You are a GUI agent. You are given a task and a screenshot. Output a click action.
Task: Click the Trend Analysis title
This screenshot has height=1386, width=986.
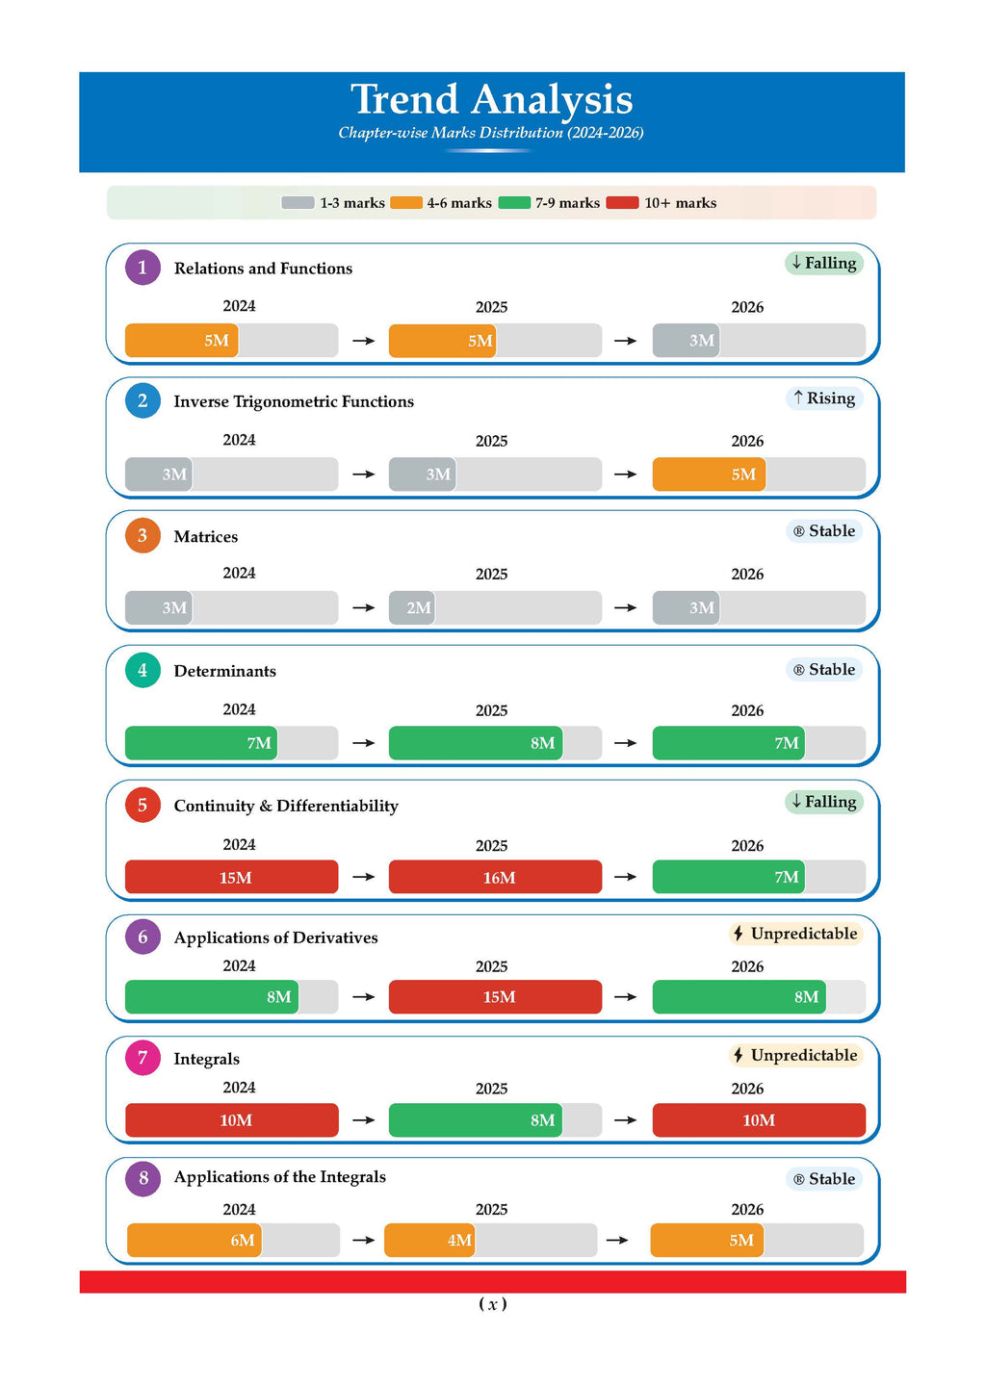coord(491,100)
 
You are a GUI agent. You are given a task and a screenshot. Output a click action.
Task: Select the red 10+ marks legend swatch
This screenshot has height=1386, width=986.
coord(622,203)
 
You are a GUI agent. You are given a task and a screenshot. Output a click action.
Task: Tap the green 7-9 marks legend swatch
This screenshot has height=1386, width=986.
coord(514,203)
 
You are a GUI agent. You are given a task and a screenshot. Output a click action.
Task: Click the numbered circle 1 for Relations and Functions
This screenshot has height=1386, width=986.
coord(143,268)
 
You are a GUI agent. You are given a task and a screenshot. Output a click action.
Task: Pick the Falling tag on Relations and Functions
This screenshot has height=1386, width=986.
coord(824,263)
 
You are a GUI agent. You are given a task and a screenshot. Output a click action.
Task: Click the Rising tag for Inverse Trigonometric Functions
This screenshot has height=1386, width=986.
coord(824,398)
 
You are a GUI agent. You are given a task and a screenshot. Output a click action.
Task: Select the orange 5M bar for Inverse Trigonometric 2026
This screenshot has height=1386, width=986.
coord(709,475)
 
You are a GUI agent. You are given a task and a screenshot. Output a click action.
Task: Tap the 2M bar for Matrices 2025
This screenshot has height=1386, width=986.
coord(412,608)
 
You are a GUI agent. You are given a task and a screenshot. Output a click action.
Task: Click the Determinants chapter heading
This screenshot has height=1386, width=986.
coord(224,671)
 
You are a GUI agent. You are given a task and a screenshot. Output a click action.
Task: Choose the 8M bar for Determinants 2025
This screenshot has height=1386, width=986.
coord(476,743)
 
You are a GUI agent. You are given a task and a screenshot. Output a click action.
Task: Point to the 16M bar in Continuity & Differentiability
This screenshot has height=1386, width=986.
coord(495,878)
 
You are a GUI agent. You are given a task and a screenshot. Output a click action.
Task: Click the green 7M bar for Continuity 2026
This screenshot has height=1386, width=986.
coord(729,878)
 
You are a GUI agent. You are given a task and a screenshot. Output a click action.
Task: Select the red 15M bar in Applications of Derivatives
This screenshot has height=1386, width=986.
coord(495,997)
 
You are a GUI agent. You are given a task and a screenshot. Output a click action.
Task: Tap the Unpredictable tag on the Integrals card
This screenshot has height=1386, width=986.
coord(795,1055)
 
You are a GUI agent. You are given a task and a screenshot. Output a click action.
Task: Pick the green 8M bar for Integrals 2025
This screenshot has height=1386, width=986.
coord(476,1120)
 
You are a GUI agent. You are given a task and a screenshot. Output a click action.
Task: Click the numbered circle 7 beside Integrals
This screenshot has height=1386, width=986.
coord(143,1059)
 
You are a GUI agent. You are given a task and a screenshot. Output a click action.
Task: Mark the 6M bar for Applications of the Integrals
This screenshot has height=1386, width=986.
coord(195,1241)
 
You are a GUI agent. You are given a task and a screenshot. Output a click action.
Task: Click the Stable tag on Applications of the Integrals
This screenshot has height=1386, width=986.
coord(824,1179)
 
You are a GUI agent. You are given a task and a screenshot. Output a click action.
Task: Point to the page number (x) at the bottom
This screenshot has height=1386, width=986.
coord(493,1304)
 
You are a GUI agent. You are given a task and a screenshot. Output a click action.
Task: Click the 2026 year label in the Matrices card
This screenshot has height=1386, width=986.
coord(747,575)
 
